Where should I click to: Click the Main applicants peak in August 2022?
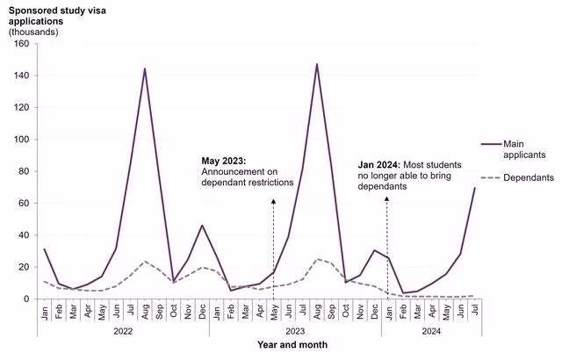[144, 68]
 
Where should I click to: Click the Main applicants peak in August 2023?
[316, 64]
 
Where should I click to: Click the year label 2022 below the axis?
[122, 332]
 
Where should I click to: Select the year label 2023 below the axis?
[294, 332]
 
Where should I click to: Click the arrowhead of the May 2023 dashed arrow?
[273, 201]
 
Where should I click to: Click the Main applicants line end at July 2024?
[474, 188]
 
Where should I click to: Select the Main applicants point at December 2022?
[202, 226]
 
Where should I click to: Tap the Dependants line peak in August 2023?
[316, 259]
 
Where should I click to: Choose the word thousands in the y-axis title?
[33, 32]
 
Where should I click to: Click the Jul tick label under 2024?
[474, 311]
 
